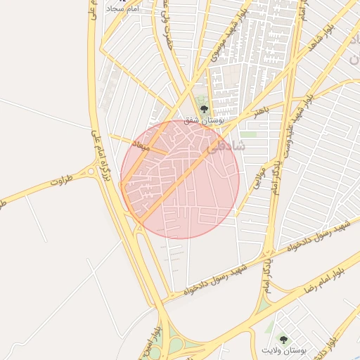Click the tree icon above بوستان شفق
[x=204, y=109]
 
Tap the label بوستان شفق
[x=204, y=121]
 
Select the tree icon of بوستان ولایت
[x=284, y=339]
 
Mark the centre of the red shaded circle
[x=180, y=179]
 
